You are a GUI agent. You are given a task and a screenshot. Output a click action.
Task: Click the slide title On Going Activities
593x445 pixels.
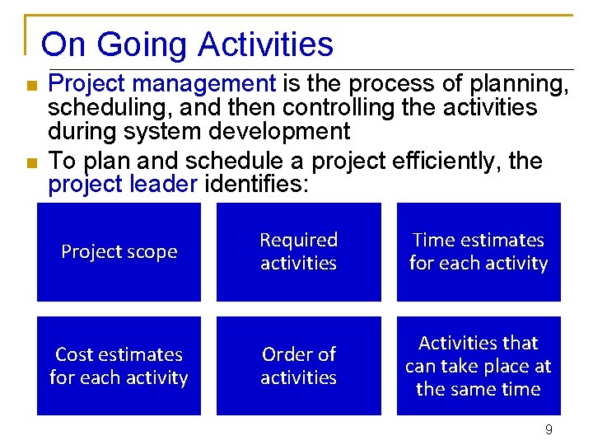point(187,44)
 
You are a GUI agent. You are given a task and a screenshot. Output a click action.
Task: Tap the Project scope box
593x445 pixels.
point(119,252)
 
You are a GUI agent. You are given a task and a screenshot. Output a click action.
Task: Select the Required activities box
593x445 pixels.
point(298,252)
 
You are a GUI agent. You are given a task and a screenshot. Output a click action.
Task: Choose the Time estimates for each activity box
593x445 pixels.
point(479,252)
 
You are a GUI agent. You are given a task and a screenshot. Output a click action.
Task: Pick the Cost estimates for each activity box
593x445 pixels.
point(119,366)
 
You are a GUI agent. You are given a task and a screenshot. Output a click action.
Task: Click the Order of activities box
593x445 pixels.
point(298,366)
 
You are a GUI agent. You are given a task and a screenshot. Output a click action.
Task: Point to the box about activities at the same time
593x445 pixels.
point(479,366)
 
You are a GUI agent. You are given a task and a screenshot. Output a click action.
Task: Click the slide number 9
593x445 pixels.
point(549,429)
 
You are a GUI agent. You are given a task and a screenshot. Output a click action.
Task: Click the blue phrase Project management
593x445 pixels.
point(162,83)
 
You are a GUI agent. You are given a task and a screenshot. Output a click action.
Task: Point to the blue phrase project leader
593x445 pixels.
point(123,184)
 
